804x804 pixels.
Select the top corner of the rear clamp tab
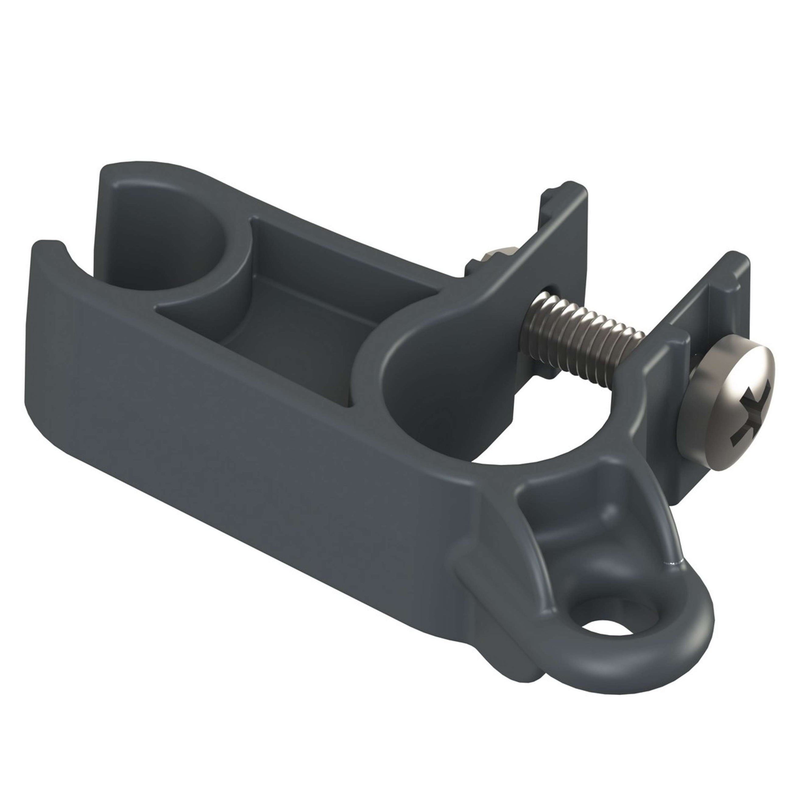(x=570, y=186)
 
